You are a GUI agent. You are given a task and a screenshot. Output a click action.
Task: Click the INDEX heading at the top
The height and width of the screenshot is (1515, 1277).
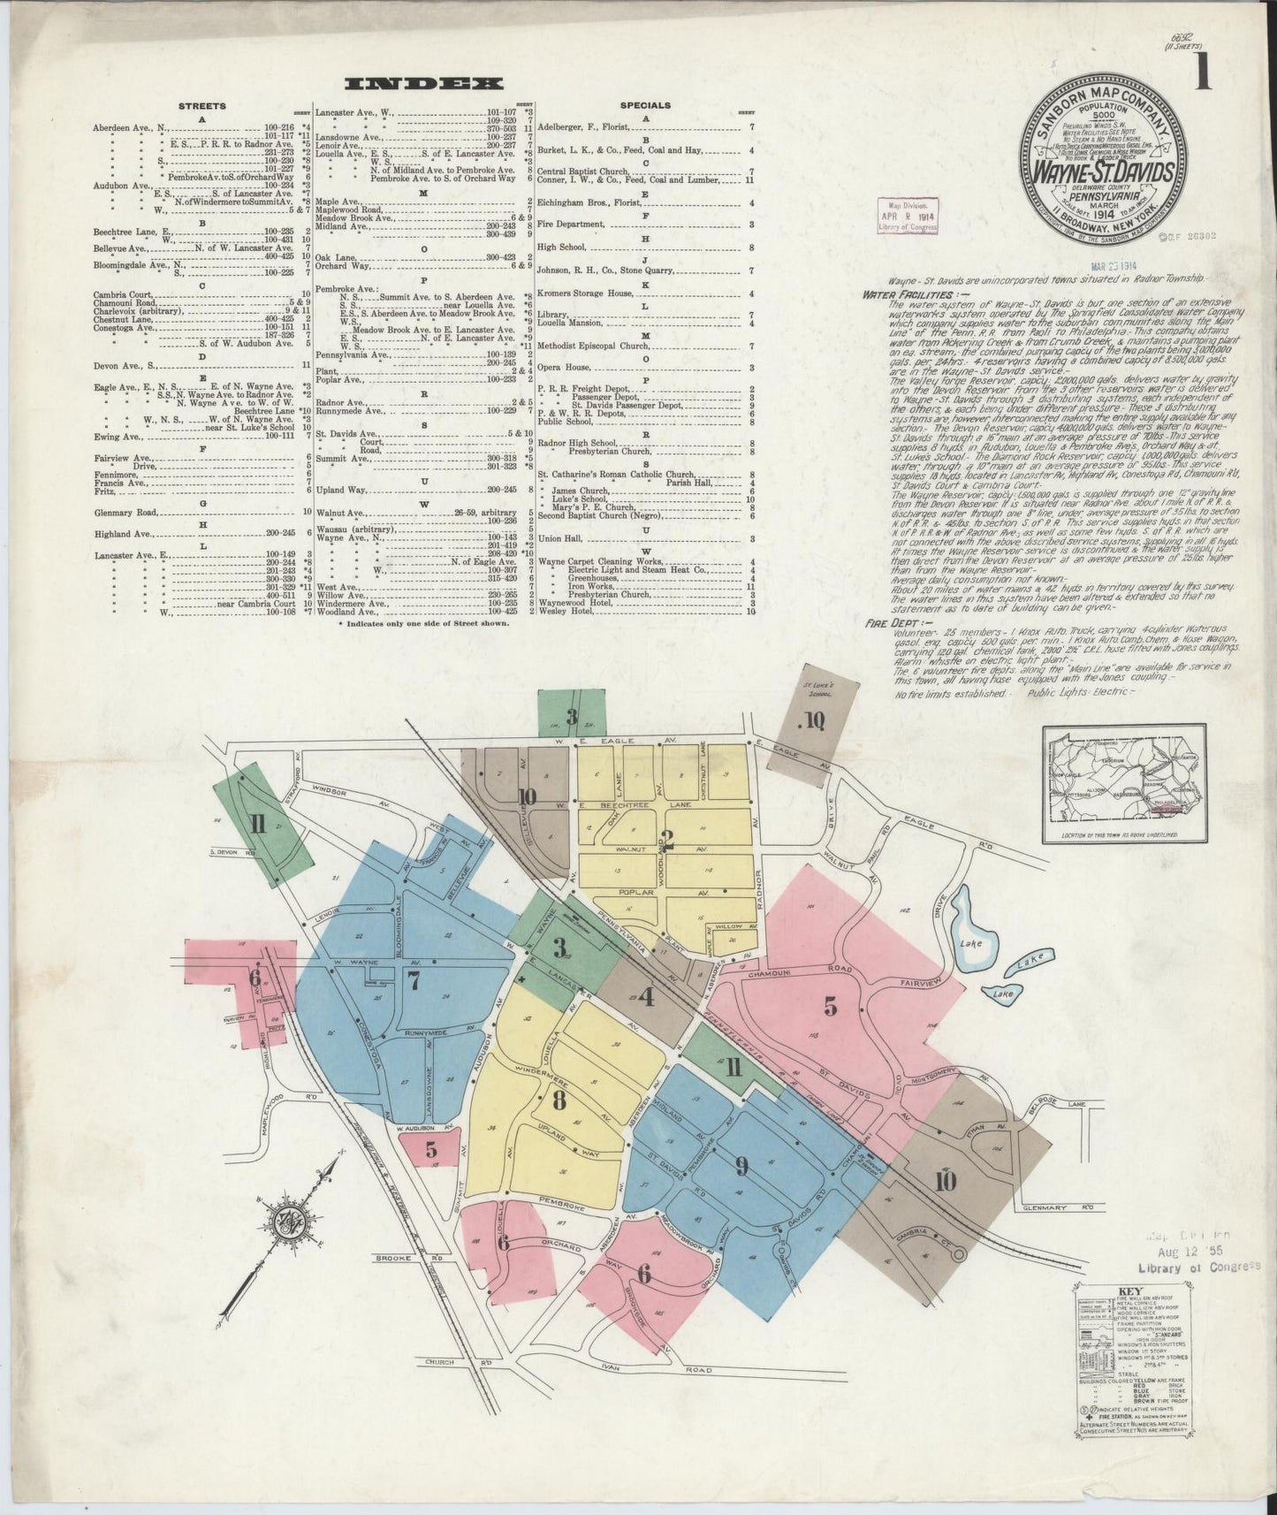[423, 84]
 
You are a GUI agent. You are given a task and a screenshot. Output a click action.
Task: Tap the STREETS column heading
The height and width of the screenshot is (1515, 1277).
[202, 106]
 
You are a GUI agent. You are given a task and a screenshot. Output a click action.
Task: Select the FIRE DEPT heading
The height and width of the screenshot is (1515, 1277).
[887, 623]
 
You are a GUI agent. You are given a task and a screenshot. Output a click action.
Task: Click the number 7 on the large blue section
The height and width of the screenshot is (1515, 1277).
[413, 979]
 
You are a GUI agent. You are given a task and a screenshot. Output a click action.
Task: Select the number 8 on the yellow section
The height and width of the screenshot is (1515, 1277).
[559, 1101]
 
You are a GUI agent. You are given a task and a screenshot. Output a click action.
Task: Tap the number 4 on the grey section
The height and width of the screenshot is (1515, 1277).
[647, 997]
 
